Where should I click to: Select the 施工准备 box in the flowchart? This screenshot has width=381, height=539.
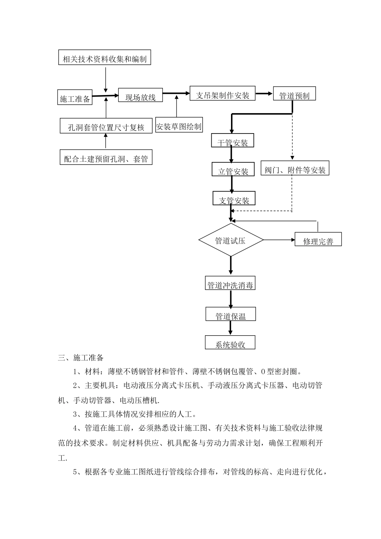(75, 97)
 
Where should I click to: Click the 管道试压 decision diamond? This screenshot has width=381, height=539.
(231, 240)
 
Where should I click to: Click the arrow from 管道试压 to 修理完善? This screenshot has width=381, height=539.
(279, 240)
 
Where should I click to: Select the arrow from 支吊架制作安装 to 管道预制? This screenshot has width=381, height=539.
(264, 94)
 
